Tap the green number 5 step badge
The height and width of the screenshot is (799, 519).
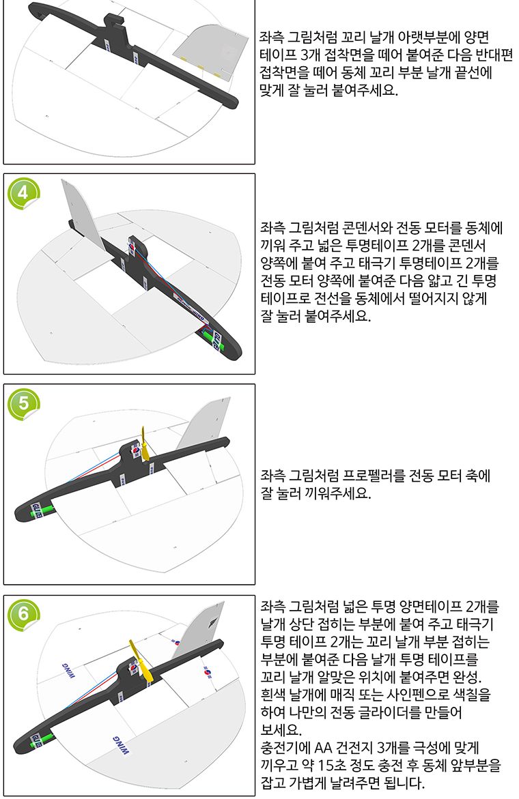click(23, 403)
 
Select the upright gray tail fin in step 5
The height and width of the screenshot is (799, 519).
click(204, 424)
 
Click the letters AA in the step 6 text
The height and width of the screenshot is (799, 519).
click(327, 748)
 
